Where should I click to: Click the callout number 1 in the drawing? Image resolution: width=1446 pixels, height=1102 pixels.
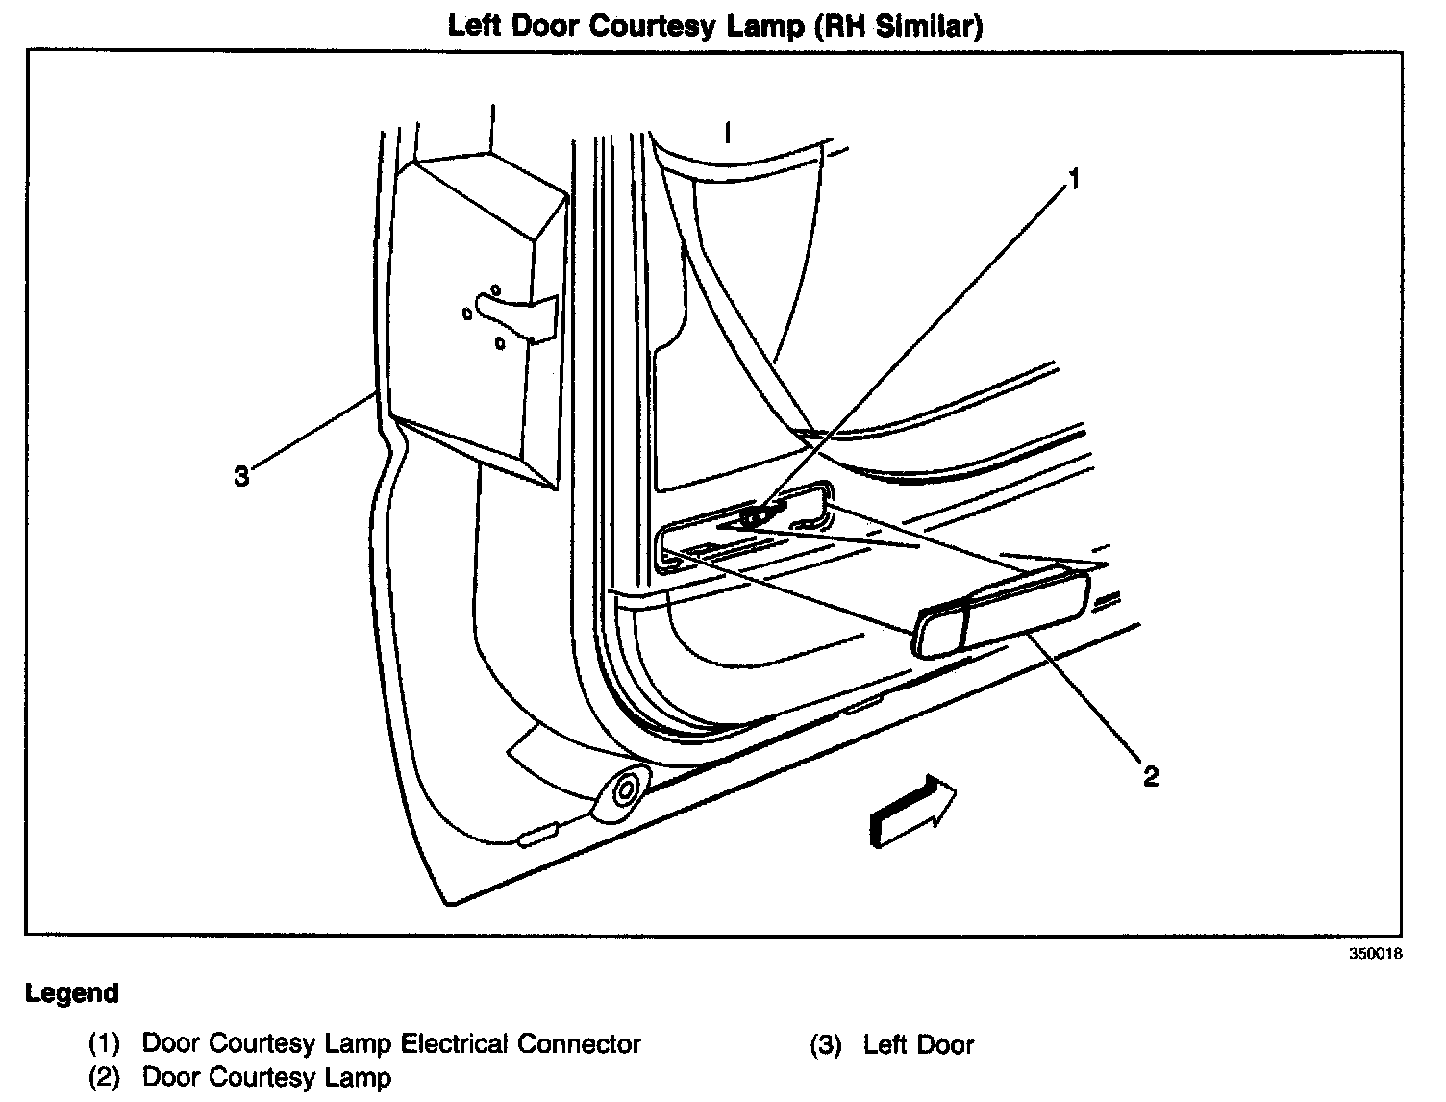[1075, 178]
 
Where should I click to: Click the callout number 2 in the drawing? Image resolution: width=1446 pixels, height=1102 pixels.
[1150, 775]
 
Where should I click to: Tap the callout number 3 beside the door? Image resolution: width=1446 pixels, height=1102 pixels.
[241, 474]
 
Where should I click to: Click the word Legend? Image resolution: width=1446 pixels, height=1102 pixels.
[72, 993]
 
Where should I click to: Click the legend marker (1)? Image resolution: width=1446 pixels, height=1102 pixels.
[103, 1044]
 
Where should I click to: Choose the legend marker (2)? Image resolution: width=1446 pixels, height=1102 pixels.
[103, 1079]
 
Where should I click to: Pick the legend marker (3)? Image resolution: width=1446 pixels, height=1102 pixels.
[825, 1044]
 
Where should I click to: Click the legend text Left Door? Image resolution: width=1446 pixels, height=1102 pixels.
[918, 1044]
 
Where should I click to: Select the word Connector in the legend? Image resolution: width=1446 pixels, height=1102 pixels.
[579, 1044]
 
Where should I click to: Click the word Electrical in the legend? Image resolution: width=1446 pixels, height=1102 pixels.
[454, 1044]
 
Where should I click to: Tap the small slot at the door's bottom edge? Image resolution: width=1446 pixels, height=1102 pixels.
[538, 835]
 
